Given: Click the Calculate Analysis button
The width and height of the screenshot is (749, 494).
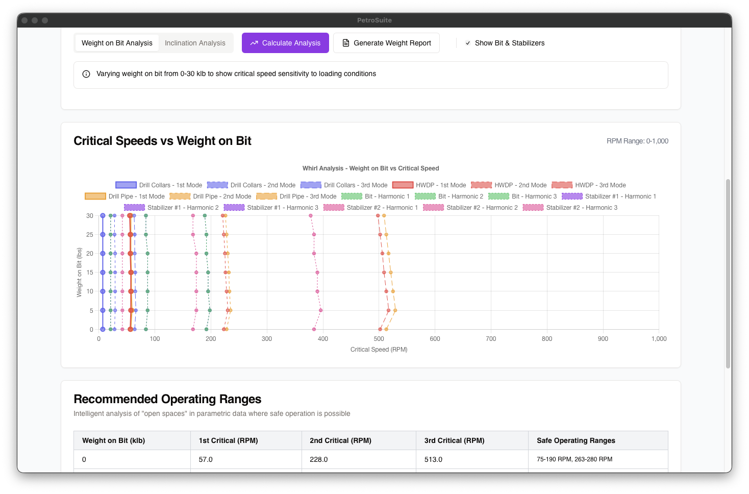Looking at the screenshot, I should coord(285,43).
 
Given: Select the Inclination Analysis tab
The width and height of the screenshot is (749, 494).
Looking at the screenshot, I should coord(195,43).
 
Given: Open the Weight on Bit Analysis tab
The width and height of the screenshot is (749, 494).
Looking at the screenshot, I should coord(117,43).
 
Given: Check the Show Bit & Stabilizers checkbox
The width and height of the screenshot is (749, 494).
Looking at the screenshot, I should coord(468,43).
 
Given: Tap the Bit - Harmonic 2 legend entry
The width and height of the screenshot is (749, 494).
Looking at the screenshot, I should coord(449,196).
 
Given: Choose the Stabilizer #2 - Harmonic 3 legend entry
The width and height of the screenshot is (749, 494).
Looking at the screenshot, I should coord(570,208).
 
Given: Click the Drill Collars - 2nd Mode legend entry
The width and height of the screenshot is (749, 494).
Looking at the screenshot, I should coord(251,185).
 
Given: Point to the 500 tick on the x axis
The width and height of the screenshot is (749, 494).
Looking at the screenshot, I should coord(379,339).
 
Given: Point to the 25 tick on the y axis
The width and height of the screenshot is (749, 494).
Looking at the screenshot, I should coord(90,235).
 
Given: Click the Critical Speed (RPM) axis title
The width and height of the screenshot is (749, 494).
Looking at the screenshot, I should coord(379,350).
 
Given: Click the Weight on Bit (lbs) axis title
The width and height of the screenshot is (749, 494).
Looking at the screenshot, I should coord(79,273).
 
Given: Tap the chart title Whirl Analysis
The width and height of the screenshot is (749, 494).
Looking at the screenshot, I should coord(370,168).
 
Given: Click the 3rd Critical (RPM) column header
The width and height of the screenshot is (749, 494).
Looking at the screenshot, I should coord(454,440).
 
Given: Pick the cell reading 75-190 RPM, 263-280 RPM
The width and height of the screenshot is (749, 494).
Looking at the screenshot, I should coord(574,459).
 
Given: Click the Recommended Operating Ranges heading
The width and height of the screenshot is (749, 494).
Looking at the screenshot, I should coord(167,399).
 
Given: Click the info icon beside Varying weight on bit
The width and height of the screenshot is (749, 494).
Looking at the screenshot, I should coord(86,74).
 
